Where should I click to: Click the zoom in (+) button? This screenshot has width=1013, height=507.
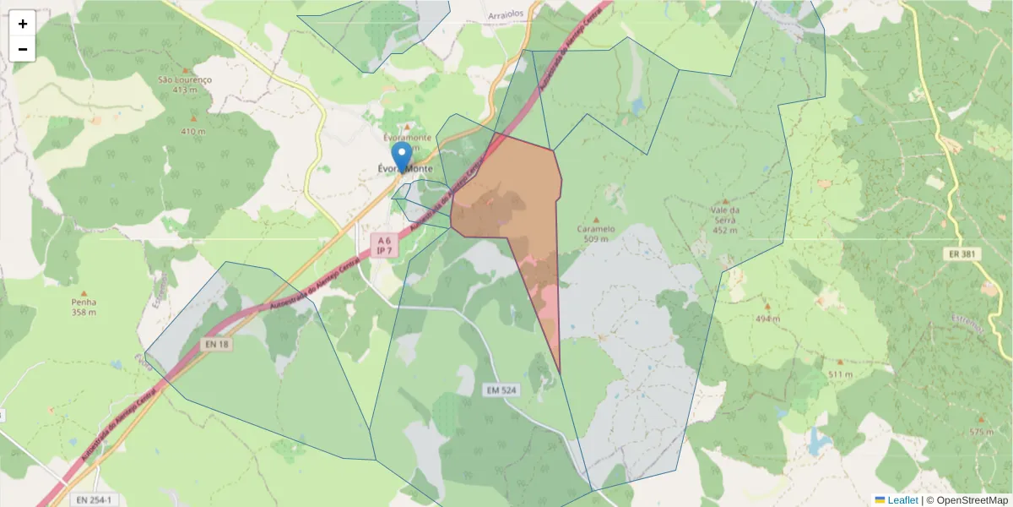click(x=23, y=24)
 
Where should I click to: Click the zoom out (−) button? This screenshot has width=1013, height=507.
click(x=23, y=49)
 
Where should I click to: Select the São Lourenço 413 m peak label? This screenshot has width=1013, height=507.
click(x=185, y=84)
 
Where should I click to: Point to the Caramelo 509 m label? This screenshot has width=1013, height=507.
click(x=596, y=233)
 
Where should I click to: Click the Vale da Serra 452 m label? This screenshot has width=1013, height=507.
click(x=725, y=220)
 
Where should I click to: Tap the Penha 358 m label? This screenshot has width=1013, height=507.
click(x=84, y=307)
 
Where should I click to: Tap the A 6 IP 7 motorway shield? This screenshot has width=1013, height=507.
click(x=385, y=246)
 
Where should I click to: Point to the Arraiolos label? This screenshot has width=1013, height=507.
click(x=507, y=15)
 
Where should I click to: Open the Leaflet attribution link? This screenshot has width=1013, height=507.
click(x=902, y=500)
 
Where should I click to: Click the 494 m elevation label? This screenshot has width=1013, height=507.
click(x=767, y=319)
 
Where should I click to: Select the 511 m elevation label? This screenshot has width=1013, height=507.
click(x=841, y=373)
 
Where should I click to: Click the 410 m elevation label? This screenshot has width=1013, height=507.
click(x=192, y=132)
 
